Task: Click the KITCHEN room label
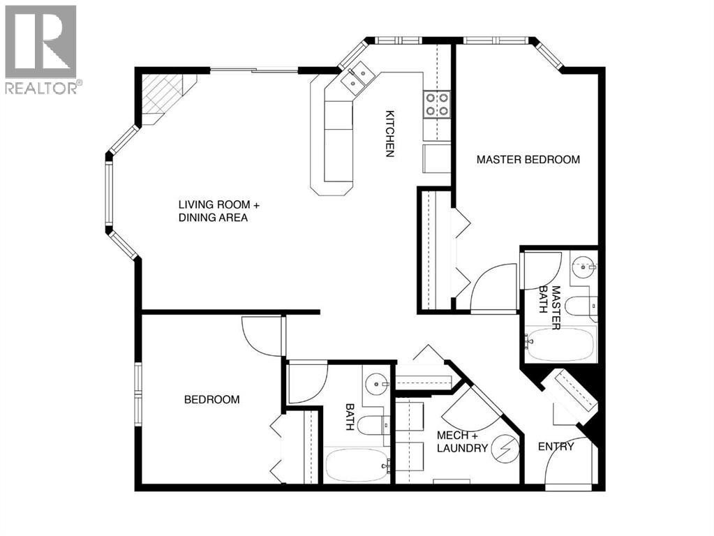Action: pos(390,133)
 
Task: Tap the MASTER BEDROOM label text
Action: pos(528,160)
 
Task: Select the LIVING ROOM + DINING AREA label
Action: pos(218,211)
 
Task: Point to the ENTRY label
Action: pos(556,447)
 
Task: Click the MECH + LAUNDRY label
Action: pos(461,442)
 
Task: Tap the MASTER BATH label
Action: pos(556,307)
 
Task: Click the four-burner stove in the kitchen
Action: pos(437,104)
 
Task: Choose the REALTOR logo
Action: pos(41,49)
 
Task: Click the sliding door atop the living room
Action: pos(255,70)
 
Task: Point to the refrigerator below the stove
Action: pos(437,158)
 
